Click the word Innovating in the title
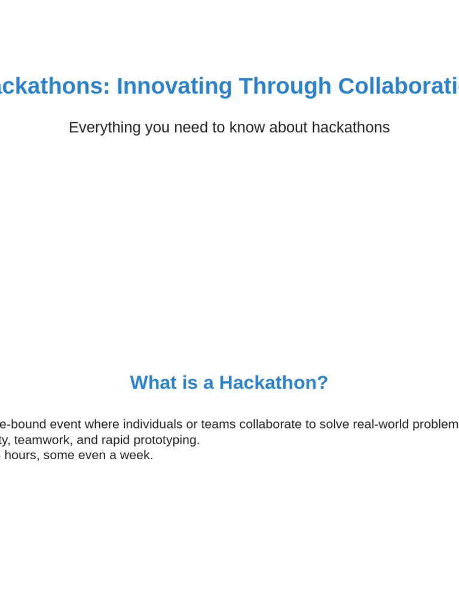click(x=175, y=86)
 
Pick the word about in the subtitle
click(x=288, y=128)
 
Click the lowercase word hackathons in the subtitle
click(x=351, y=128)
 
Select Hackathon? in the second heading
click(x=274, y=383)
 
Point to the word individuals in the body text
click(x=152, y=424)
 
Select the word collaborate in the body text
click(x=271, y=424)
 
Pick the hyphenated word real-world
click(x=381, y=424)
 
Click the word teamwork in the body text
click(x=42, y=440)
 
